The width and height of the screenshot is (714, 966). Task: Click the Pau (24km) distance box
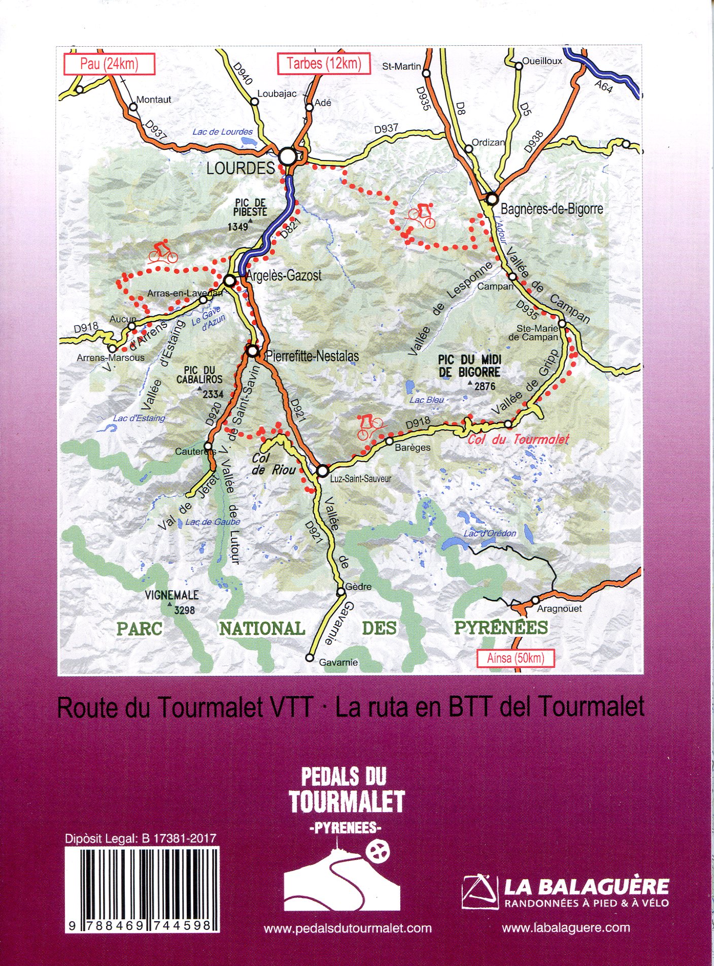109,64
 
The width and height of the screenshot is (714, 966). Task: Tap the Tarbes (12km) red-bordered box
323,64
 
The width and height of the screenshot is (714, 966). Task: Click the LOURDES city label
241,168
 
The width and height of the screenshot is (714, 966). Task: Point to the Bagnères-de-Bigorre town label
552,209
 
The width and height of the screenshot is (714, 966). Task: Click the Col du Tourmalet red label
518,440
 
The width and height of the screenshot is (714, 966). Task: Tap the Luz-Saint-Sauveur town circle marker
322,471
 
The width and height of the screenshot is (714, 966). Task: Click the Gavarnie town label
338,662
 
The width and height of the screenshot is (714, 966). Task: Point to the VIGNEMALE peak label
172,595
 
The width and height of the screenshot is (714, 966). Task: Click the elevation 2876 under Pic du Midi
485,387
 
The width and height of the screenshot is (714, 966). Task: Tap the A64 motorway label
603,87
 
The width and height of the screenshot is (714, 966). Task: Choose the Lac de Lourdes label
222,132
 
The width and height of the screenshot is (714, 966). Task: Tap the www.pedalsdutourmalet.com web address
348,928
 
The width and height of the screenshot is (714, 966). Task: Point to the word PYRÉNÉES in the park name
500,628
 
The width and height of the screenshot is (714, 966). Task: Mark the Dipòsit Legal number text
141,839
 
